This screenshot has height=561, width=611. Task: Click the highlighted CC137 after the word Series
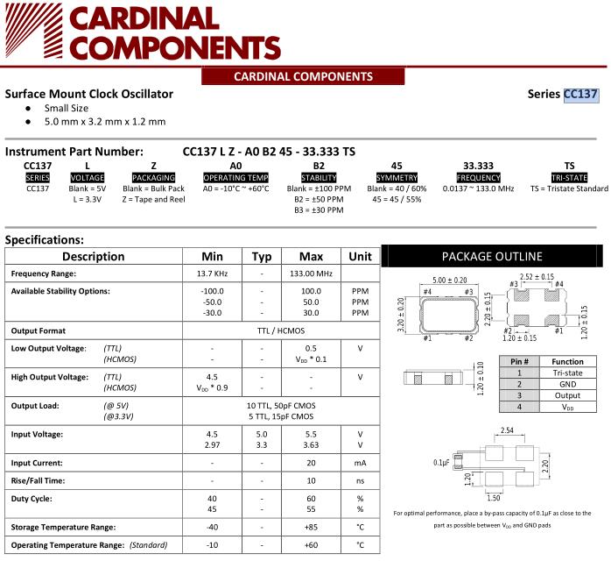coord(580,94)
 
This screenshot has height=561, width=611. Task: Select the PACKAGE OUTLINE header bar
coord(491,256)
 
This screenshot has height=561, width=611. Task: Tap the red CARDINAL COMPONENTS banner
coord(304,76)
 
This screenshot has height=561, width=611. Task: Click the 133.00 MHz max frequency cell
coord(312,273)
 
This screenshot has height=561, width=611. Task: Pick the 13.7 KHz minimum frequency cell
coord(212,273)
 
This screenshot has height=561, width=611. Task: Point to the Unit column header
coord(360,256)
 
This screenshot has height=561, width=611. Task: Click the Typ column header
coord(262,256)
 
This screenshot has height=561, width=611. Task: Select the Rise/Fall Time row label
coord(38,480)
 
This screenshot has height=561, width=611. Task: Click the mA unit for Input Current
coord(360,462)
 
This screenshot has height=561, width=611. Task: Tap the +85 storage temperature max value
coord(312,527)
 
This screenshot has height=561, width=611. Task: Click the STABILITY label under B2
coord(319,177)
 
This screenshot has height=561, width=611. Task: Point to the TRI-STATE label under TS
coord(569,177)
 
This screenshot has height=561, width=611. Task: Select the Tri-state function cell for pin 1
coord(566,373)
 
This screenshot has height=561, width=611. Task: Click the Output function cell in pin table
coord(566,395)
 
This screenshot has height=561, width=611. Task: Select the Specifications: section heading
coord(44,239)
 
